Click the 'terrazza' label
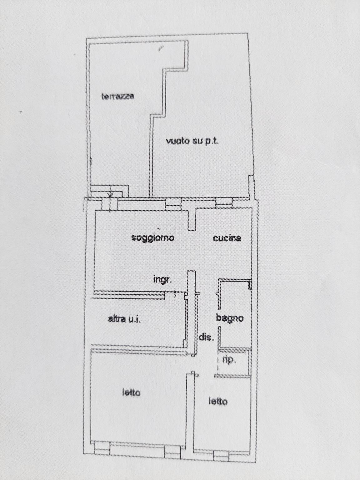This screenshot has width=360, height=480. [118, 97]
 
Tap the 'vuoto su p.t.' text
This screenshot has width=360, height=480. [192, 142]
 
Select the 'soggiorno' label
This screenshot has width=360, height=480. [153, 238]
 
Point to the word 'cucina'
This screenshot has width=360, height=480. [227, 238]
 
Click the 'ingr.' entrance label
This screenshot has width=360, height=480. [162, 280]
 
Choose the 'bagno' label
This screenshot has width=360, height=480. [230, 318]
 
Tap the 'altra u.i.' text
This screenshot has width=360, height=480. [124, 319]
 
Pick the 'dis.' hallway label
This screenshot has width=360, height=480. [206, 338]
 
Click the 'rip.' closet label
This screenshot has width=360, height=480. [229, 360]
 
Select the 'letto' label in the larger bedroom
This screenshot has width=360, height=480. [131, 393]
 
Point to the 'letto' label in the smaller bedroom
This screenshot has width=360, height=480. [218, 402]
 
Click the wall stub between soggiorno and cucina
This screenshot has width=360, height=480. [192, 219]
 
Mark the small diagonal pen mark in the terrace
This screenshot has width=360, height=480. [161, 48]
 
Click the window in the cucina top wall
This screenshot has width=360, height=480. [224, 203]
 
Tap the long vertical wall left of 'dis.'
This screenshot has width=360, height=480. [192, 313]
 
